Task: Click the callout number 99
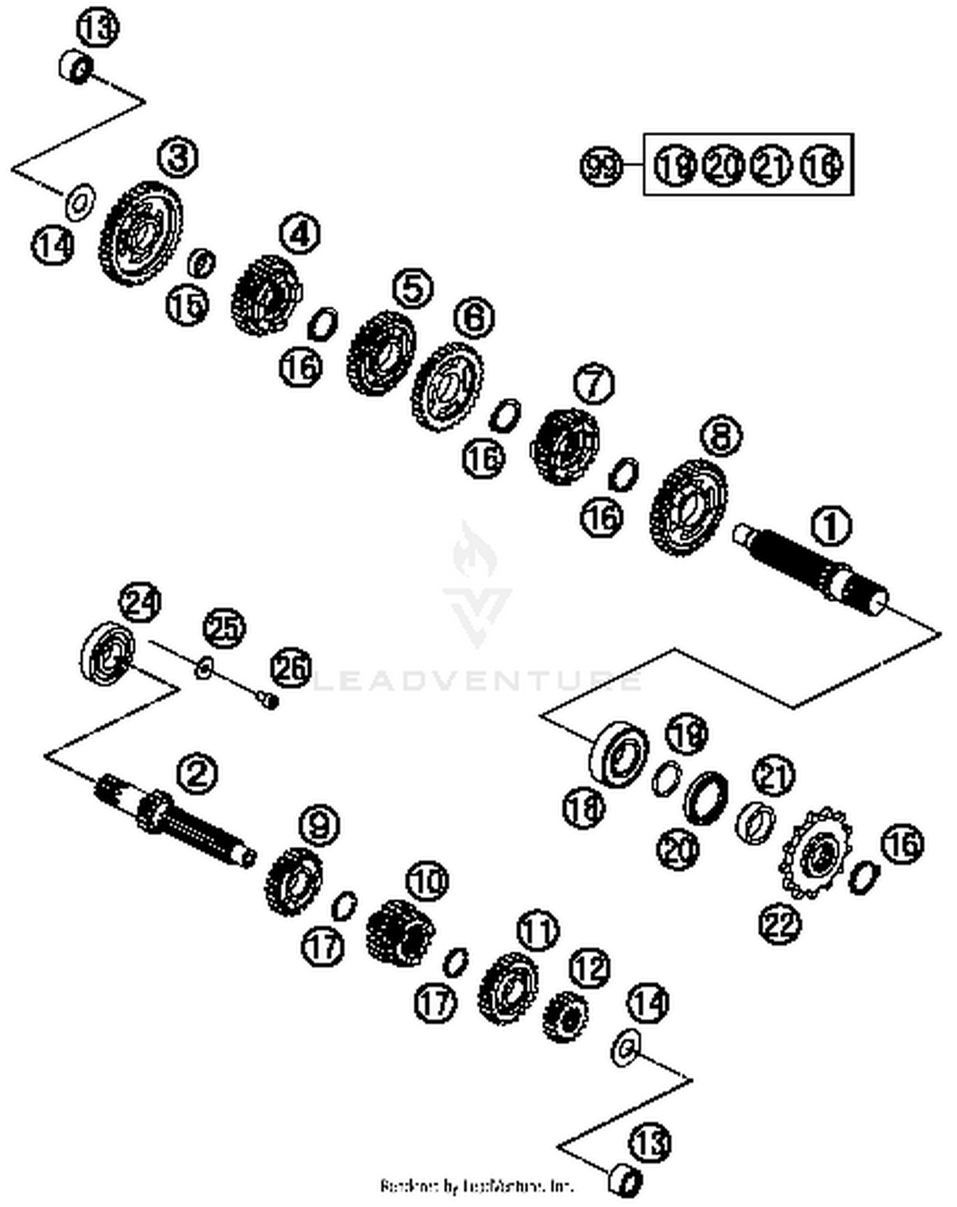[600, 166]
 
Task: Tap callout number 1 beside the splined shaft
[831, 527]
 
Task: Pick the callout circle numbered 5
[413, 288]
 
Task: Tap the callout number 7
[593, 384]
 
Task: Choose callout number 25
[224, 628]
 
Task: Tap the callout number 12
[590, 968]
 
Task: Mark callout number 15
[187, 305]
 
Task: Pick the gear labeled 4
[265, 296]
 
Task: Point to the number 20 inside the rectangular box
[723, 166]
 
